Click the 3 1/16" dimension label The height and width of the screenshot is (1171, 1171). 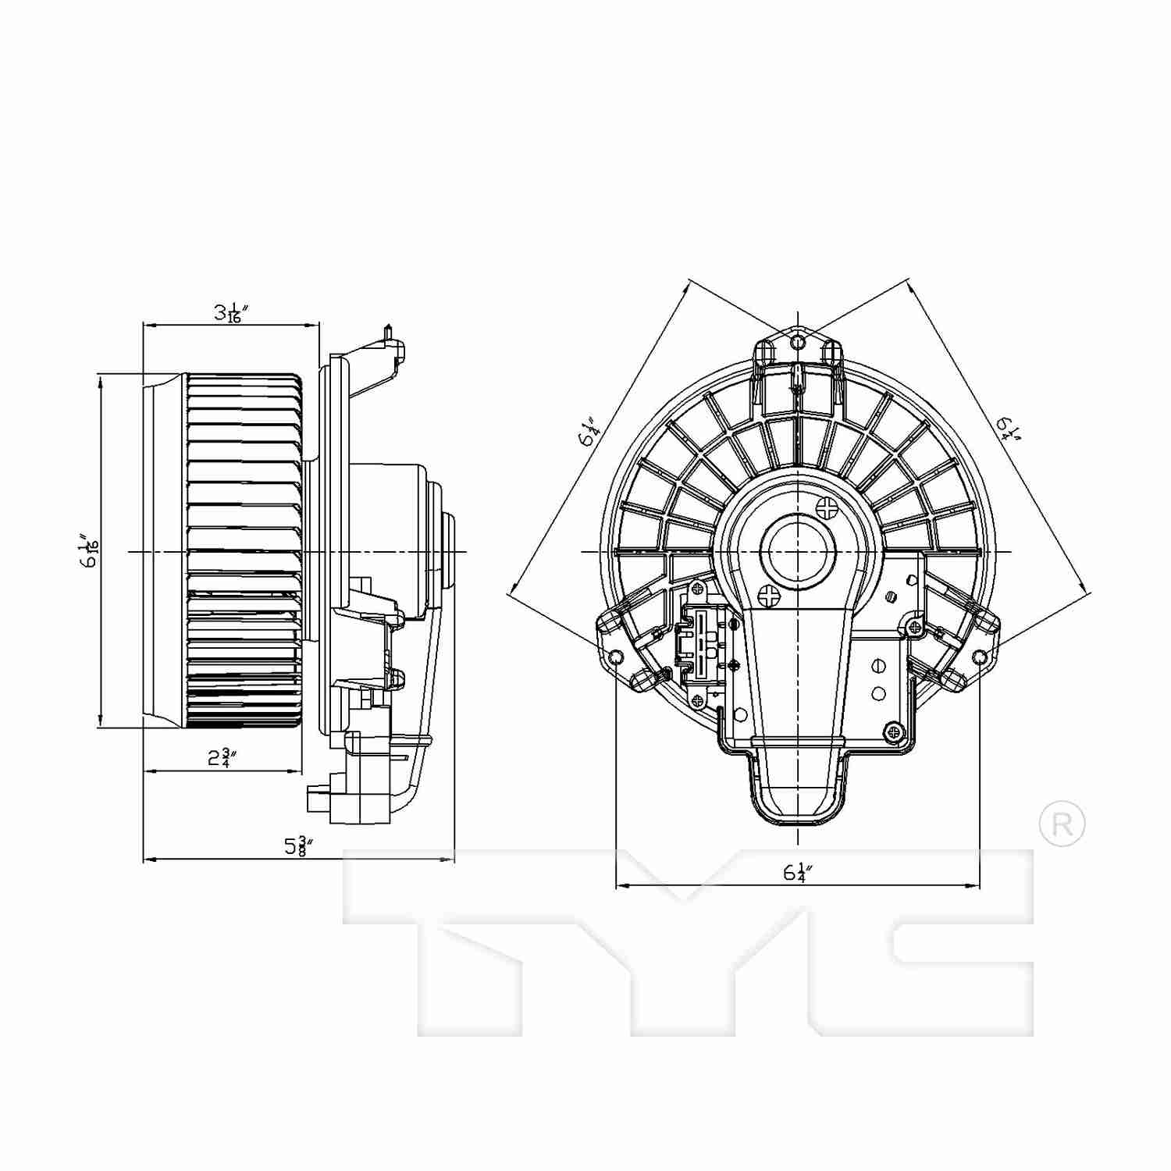[x=231, y=313]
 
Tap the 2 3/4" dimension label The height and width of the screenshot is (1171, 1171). [x=222, y=757]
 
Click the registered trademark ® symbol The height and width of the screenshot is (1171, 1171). [x=1062, y=823]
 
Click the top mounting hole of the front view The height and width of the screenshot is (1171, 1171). [x=797, y=343]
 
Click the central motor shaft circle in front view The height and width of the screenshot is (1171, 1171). [x=797, y=551]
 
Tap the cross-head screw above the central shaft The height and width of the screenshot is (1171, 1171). [x=826, y=508]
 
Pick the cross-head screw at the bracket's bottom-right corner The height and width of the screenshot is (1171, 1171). [x=894, y=731]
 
